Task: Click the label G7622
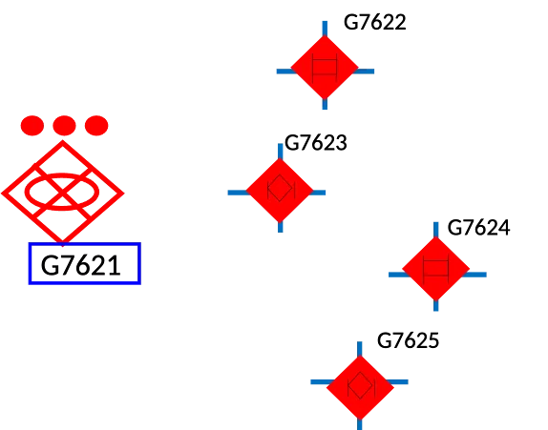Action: (374, 22)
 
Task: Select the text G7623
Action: (316, 143)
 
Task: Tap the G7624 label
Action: (478, 228)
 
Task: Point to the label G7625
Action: (408, 340)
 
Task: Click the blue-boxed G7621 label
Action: (85, 263)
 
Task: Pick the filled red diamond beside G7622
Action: (325, 68)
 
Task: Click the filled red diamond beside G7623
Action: (280, 191)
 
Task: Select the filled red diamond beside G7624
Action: (435, 269)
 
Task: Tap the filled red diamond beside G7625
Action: (360, 387)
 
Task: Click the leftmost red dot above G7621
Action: (32, 125)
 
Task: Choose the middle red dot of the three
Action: (64, 125)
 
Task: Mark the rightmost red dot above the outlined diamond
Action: (96, 125)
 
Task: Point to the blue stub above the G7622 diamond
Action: (325, 29)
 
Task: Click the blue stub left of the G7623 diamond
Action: (238, 193)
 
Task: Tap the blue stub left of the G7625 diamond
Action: (320, 381)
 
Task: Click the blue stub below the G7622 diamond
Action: (325, 104)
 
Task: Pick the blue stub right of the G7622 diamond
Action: (365, 72)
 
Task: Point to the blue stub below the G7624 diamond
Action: (435, 305)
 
